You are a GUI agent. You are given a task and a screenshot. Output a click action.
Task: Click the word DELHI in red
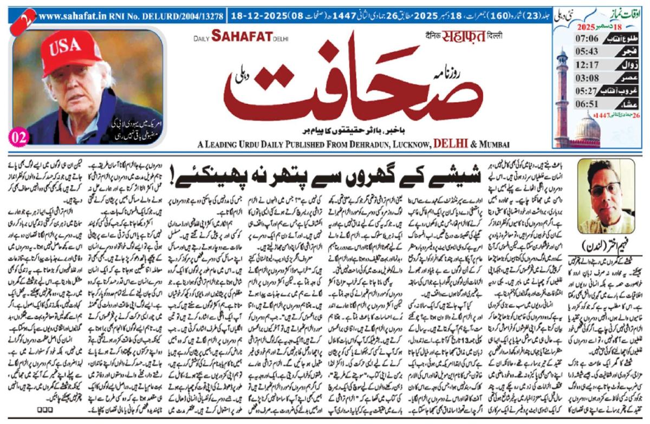click(x=452, y=143)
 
